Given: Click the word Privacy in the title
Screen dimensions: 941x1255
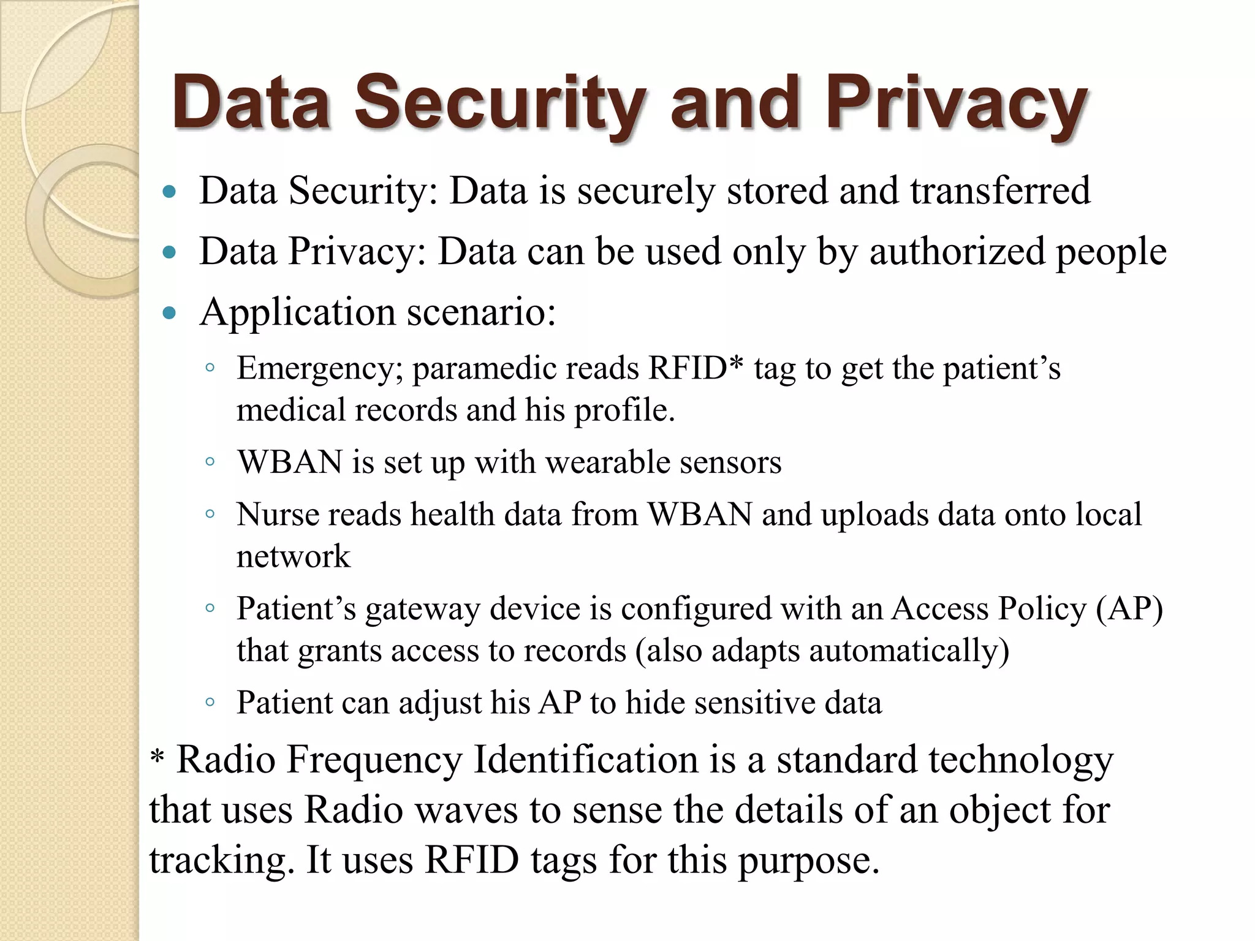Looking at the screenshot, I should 956,103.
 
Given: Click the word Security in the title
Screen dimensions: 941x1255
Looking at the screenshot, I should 499,103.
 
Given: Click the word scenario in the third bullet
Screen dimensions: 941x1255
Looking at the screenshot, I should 481,312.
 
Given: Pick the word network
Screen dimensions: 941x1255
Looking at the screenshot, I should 293,556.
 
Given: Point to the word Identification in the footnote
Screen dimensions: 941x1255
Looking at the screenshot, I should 586,760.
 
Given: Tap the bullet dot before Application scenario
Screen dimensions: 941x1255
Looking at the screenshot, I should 170,314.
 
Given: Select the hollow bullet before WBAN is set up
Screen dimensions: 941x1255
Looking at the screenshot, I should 210,462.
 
